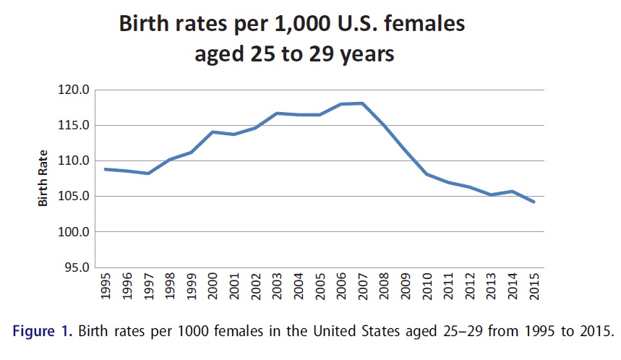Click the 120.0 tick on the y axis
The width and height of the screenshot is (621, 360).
coord(74,90)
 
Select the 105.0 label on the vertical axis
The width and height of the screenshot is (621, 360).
coord(74,197)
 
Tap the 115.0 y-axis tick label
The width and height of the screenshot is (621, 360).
coord(74,126)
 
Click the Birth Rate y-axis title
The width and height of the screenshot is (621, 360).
coord(43,178)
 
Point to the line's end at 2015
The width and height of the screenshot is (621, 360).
coord(534,202)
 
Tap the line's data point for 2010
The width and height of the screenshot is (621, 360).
coord(427,174)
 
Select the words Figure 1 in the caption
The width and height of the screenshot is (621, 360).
coord(42,333)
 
